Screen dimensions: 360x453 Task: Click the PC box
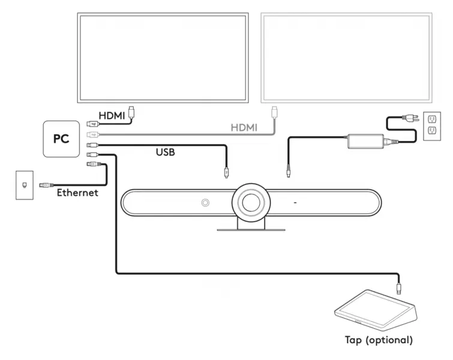coord(61,139)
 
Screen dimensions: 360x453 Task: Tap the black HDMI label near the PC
coord(112,116)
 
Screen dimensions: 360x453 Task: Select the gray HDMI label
coord(244,128)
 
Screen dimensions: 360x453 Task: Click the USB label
coord(165,152)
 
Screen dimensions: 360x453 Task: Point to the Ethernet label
coord(77,193)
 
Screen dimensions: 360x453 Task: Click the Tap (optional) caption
coord(379,340)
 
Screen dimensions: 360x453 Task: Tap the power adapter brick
coord(365,142)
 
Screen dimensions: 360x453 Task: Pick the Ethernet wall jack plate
coord(25,184)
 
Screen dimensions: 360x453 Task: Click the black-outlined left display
coord(163,57)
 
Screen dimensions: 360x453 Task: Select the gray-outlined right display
coord(347,57)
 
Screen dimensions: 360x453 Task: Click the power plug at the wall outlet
coord(412,119)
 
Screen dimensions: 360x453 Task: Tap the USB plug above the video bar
coord(226,171)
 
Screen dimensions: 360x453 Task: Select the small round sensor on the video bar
coord(205,203)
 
